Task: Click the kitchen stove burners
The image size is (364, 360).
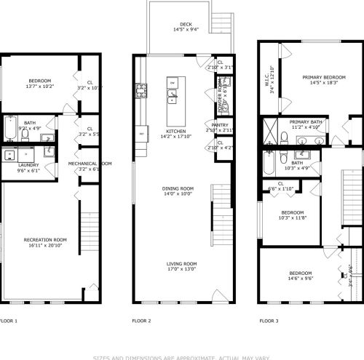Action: click(140, 91)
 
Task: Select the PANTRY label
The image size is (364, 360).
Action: click(220, 124)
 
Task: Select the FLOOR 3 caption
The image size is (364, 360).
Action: click(269, 320)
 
